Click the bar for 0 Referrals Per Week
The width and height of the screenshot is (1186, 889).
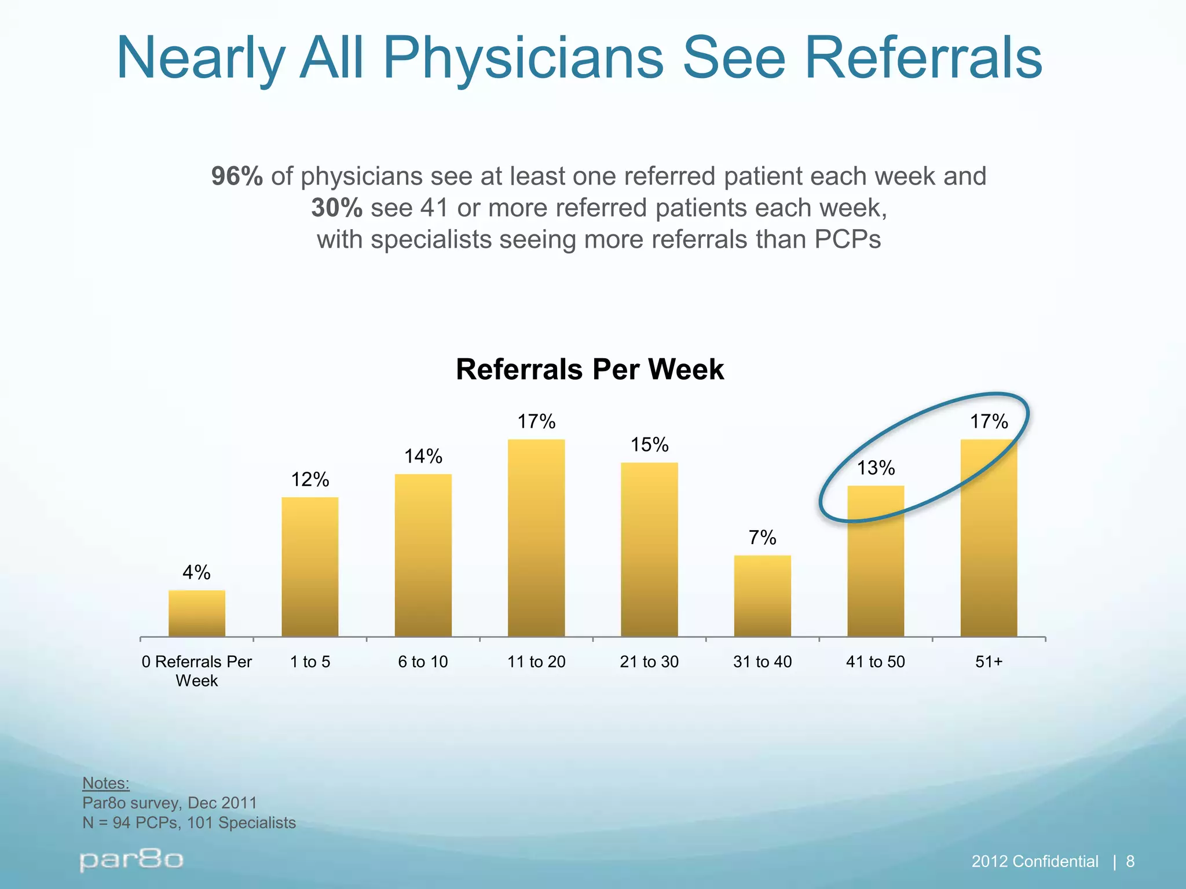(x=197, y=614)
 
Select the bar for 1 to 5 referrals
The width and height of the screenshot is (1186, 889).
(x=310, y=567)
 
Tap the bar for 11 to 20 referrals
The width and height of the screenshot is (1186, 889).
(x=536, y=538)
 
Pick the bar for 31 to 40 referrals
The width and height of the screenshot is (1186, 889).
(x=762, y=596)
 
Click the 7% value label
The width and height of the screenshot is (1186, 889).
(x=762, y=538)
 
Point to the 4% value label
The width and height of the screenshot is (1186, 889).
(x=196, y=572)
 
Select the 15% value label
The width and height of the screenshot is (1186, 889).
(x=649, y=444)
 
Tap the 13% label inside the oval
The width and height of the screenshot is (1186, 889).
(x=876, y=468)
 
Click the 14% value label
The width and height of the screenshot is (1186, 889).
(x=423, y=457)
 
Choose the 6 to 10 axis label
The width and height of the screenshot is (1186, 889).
(x=423, y=662)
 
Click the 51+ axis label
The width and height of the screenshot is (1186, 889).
(x=989, y=662)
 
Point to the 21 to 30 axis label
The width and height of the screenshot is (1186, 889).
(x=649, y=662)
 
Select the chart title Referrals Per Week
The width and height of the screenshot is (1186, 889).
(x=590, y=369)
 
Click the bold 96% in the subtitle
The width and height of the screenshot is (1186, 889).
(x=237, y=176)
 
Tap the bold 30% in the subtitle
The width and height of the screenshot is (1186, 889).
(x=336, y=208)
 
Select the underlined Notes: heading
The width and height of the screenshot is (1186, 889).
(x=106, y=783)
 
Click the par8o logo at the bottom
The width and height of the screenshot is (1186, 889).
(x=131, y=861)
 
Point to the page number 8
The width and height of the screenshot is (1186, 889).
(x=1130, y=862)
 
